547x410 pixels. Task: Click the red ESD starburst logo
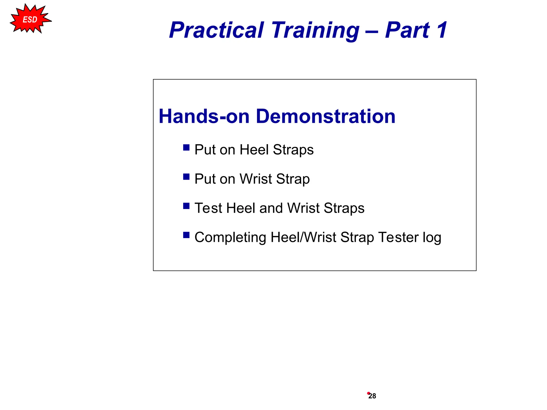coord(30,19)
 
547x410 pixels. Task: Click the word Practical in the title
coord(216,30)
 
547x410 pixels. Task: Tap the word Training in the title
coord(315,30)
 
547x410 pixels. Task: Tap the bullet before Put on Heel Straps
coord(186,148)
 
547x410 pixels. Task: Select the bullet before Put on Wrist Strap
coord(186,177)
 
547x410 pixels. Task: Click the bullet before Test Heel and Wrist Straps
coord(186,206)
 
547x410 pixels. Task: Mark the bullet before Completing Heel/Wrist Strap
coord(186,235)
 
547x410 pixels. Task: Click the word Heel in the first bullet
coord(254,149)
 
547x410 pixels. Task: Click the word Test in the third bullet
coord(208,208)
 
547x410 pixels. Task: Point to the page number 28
coord(372,396)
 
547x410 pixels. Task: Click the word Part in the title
coord(407,30)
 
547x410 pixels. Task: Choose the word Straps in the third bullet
coord(344,208)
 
